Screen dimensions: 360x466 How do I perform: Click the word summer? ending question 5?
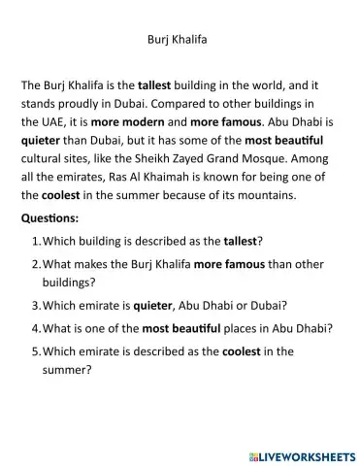(71, 369)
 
